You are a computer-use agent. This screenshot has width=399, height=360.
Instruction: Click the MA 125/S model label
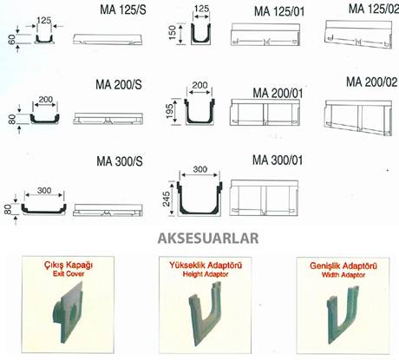click(123, 10)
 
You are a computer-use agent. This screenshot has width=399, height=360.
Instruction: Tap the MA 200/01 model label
click(278, 93)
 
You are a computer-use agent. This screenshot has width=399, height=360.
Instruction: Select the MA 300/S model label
click(120, 161)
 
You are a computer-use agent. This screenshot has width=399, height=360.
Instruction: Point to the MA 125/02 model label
click(374, 9)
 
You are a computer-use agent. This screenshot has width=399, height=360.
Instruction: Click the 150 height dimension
click(173, 33)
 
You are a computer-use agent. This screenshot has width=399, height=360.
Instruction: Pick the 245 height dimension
click(167, 199)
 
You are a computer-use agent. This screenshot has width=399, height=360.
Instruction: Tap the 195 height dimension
click(170, 111)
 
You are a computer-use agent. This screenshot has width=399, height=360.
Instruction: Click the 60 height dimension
click(12, 40)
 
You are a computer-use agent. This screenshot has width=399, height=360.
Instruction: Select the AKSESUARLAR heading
click(208, 239)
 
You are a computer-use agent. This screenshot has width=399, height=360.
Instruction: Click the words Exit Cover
click(69, 273)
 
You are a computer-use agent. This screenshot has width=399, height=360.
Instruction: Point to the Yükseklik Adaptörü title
click(206, 265)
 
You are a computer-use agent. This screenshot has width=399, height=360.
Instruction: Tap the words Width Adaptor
click(343, 275)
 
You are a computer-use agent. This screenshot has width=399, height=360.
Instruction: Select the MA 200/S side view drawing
click(108, 119)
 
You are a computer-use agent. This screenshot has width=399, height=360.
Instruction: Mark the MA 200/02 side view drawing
click(358, 118)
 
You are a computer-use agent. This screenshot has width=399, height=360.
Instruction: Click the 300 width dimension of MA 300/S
click(44, 191)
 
